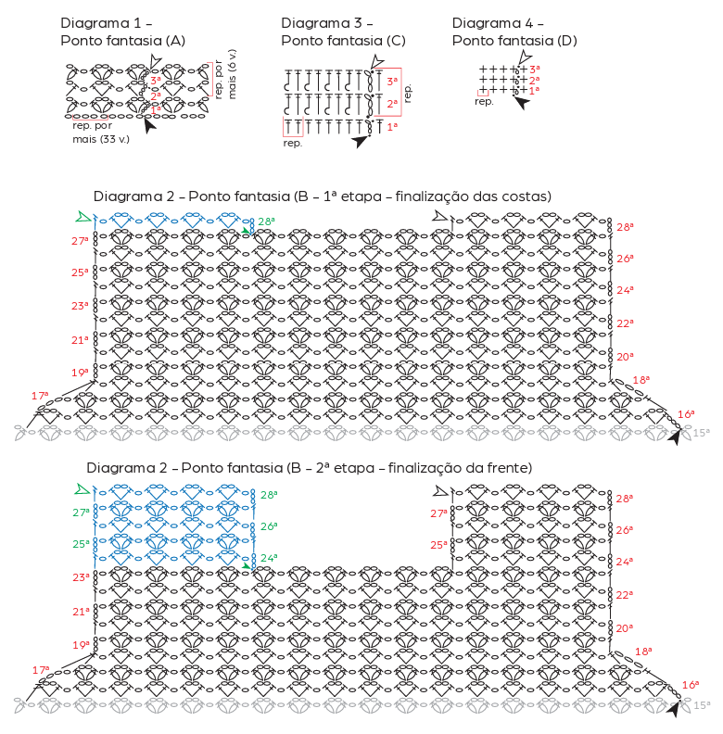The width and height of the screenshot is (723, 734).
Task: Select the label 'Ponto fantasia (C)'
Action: coord(343,41)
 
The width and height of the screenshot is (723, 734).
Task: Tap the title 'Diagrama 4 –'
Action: coord(498,22)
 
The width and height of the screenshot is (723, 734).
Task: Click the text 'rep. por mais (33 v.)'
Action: coord(100,132)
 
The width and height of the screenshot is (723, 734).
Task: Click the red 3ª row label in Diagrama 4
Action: coord(535,70)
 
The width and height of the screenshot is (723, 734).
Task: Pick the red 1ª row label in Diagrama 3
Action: coord(392,125)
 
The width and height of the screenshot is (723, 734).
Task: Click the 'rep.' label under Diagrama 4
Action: coord(483,102)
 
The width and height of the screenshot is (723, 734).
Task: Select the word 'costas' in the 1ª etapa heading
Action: coord(526,196)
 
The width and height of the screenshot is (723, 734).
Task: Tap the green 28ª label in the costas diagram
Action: coord(266,221)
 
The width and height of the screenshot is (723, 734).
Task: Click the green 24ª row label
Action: coord(268,558)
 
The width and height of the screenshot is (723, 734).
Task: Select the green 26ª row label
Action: coord(268,526)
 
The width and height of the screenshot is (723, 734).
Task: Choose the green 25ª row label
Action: coord(82,544)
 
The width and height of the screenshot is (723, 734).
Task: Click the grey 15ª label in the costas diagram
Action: coord(702,432)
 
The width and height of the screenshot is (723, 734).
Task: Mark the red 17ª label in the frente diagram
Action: coord(41,669)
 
